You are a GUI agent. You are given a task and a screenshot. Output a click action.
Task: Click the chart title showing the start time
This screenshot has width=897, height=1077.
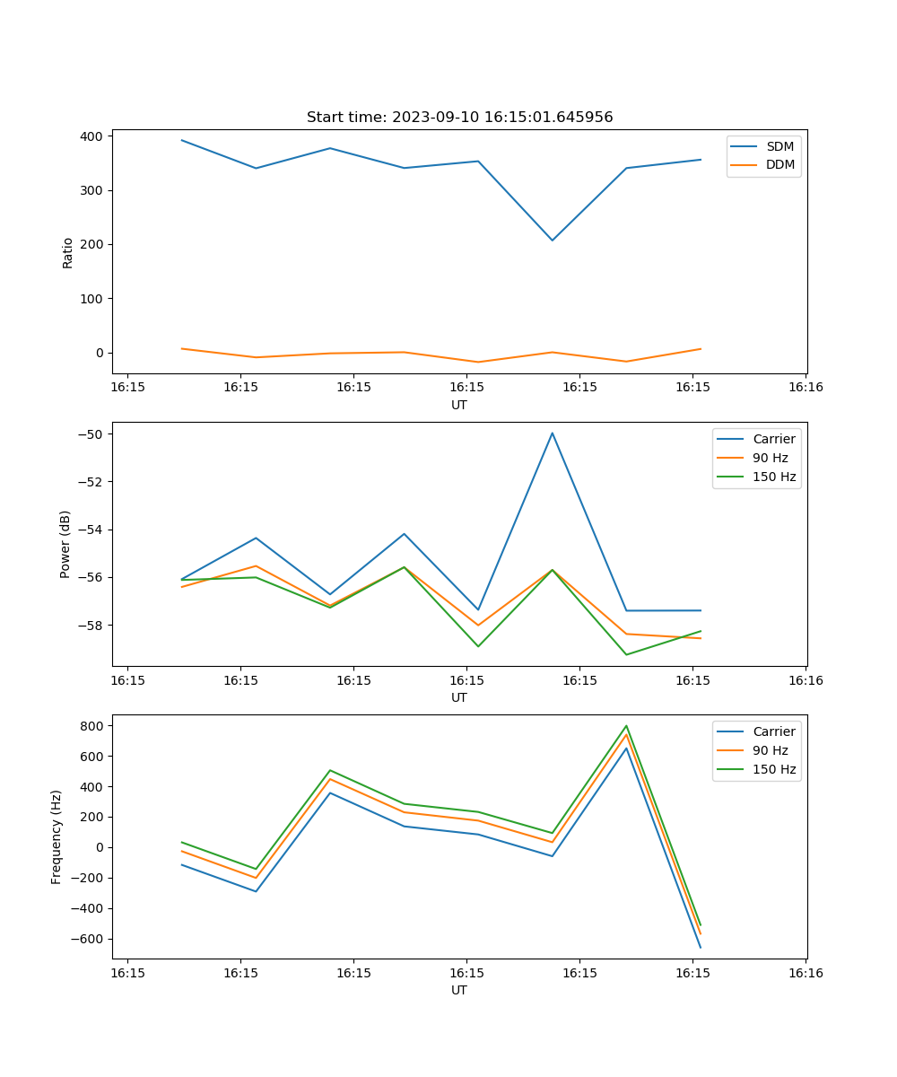coord(459,118)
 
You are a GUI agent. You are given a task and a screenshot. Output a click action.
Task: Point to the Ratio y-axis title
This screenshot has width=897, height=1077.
coord(68,252)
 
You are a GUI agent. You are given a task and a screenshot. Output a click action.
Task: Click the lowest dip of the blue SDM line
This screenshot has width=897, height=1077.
coord(553,240)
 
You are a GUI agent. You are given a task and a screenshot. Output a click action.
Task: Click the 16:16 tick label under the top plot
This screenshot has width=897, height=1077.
coord(806,388)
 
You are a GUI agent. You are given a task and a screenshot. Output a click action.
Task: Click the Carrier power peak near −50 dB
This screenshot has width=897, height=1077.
coord(553,433)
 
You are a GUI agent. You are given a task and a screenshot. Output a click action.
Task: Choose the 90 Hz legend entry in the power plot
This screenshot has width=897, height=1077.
coord(770,458)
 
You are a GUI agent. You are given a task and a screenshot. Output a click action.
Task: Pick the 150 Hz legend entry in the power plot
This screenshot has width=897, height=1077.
coord(773,477)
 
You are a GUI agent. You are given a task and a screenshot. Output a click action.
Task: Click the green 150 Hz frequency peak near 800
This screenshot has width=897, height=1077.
coord(626,726)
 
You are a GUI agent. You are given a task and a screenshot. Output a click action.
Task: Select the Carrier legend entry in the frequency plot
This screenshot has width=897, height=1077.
coord(773,731)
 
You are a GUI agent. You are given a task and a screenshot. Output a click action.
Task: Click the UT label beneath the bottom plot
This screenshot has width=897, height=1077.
coord(459,990)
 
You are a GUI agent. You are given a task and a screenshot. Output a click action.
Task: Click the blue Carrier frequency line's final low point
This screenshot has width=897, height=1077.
coord(701,947)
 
